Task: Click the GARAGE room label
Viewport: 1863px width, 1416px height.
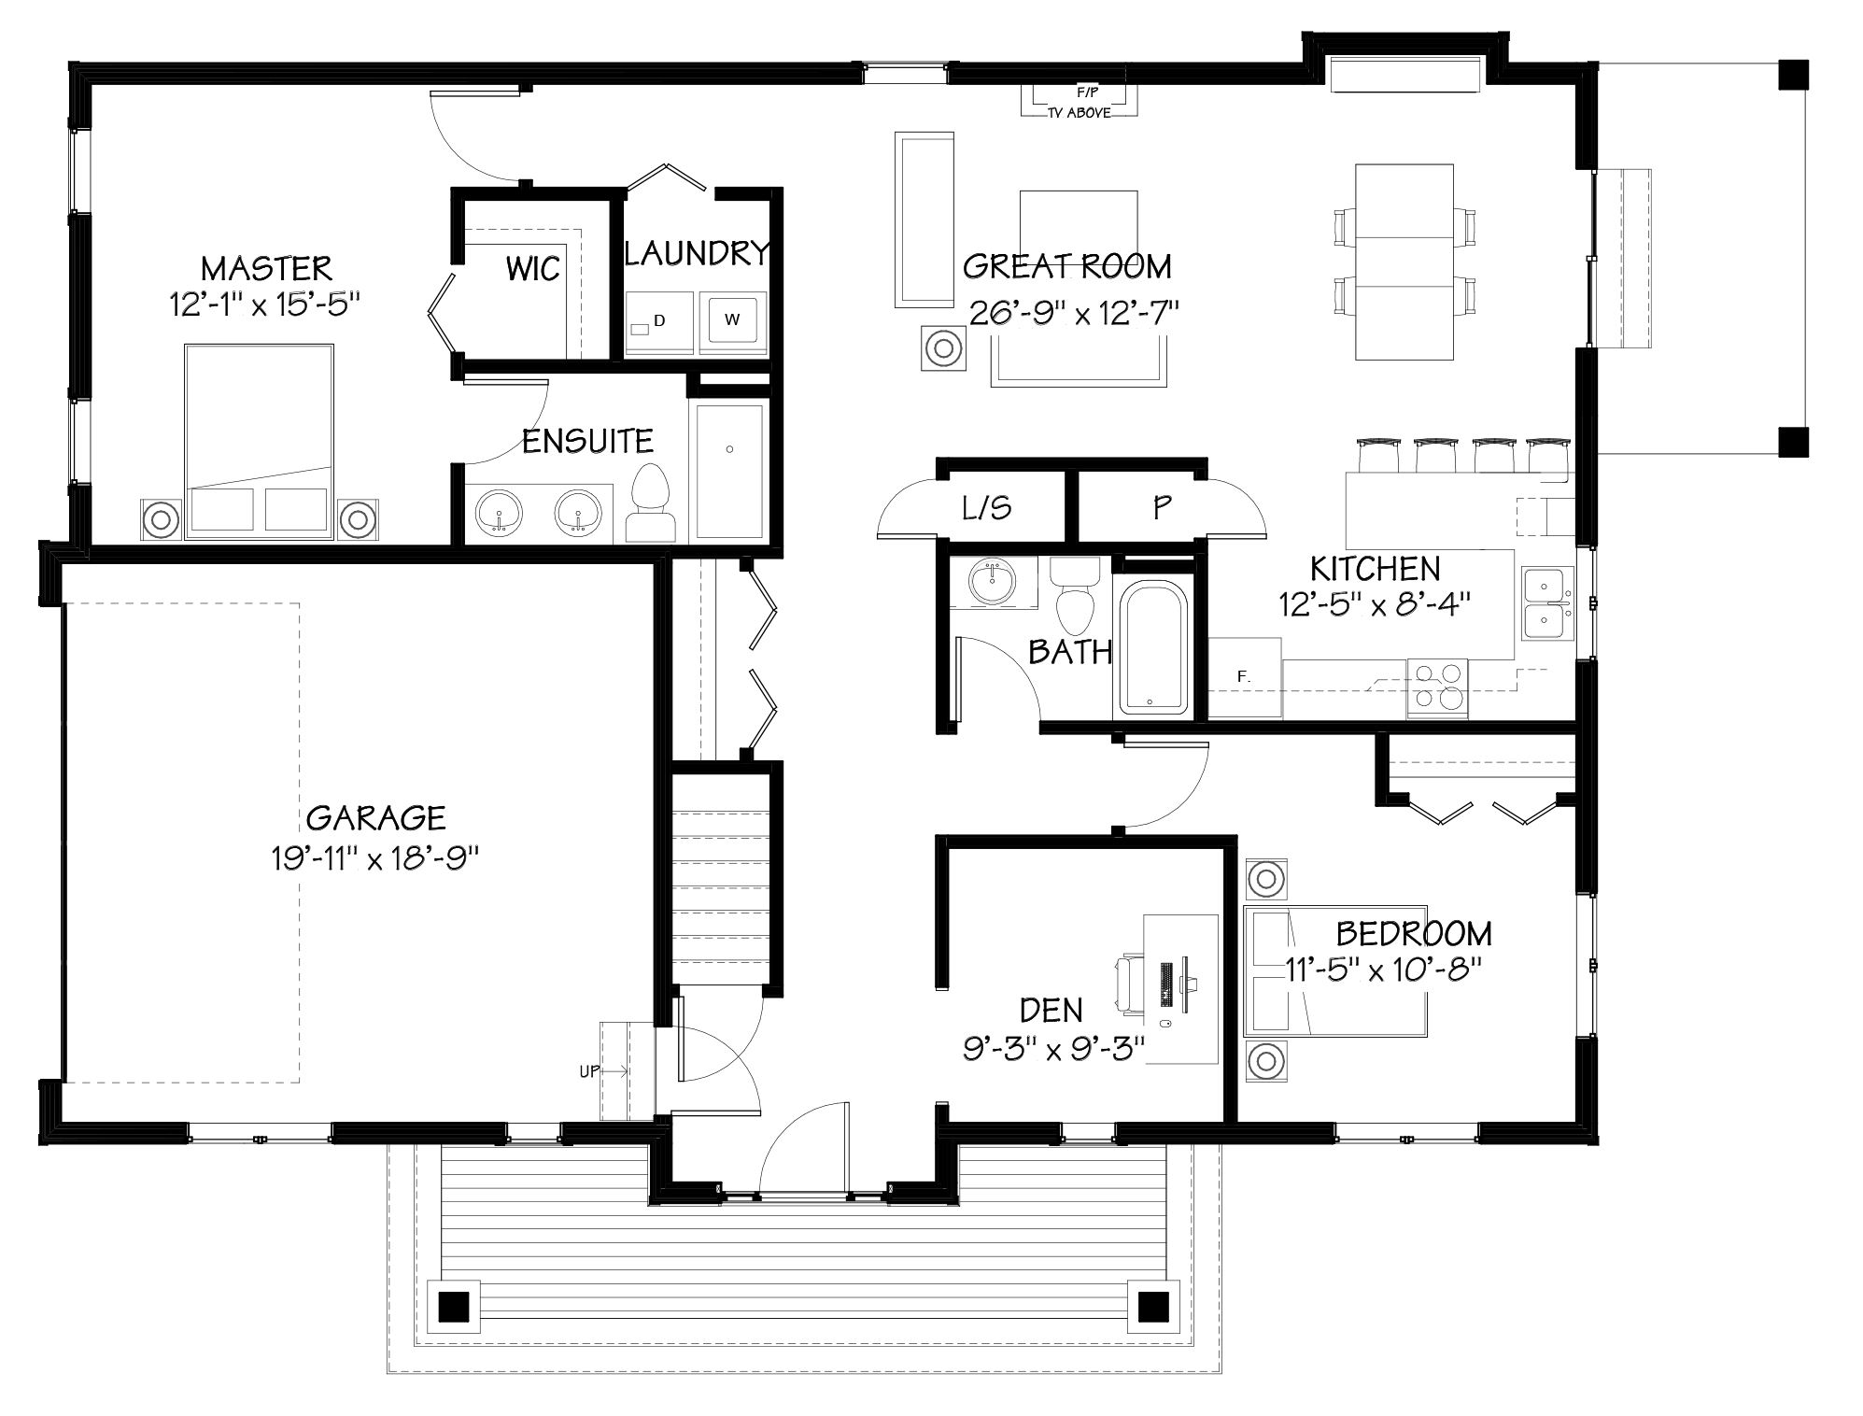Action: tap(375, 817)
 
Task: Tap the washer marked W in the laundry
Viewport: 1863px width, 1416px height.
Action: tap(732, 320)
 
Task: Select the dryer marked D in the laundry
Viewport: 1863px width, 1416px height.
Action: tap(659, 322)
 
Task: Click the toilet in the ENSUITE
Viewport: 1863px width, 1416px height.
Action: tap(652, 504)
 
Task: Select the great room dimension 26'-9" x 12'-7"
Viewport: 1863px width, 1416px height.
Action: tap(1074, 312)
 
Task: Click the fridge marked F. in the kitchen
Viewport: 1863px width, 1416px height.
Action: tap(1244, 677)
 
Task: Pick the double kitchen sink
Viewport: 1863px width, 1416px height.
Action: tap(1545, 602)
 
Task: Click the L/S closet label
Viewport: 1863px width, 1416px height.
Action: tap(986, 508)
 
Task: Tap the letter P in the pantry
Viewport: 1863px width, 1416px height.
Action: tap(1161, 507)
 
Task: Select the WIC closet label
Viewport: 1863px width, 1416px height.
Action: tap(532, 269)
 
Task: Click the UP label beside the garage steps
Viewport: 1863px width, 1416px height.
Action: tap(589, 1071)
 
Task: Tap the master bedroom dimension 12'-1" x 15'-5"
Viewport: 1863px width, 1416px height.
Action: tap(264, 304)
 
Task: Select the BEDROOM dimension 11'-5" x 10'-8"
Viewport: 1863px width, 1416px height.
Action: tap(1385, 970)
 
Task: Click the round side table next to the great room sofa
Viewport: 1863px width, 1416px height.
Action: tap(943, 349)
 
